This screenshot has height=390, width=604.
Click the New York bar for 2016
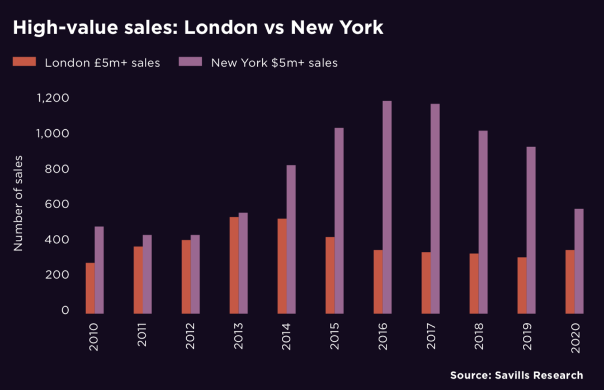click(387, 207)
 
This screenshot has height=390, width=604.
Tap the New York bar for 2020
click(579, 261)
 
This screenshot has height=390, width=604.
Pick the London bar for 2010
click(90, 288)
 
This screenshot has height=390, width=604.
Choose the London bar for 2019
click(522, 285)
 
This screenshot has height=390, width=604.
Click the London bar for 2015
click(330, 275)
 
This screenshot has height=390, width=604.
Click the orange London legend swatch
click(25, 62)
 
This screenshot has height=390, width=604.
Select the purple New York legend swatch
click(190, 62)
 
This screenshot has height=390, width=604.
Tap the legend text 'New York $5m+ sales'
click(274, 63)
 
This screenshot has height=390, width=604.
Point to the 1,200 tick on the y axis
click(53, 98)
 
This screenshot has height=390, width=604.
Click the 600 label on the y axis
click(57, 204)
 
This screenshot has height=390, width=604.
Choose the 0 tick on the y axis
click(65, 310)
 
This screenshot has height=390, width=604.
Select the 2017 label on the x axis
click(431, 336)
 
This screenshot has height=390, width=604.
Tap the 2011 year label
click(142, 336)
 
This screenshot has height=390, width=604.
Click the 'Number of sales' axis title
click(18, 204)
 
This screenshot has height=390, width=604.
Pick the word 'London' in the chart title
click(219, 27)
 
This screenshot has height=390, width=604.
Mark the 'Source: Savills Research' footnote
click(516, 375)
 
